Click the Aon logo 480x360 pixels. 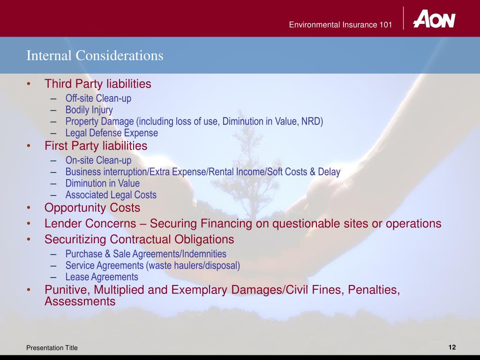coord(434,19)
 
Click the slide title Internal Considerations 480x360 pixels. coord(95,56)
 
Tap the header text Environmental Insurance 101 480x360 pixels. coord(340,25)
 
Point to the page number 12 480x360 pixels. coord(452,347)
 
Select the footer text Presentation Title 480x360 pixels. coord(52,347)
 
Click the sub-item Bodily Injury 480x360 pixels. coord(89,110)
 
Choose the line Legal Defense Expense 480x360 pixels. coord(112,133)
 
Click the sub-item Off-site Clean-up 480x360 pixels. coord(98,98)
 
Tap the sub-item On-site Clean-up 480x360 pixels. coord(98,160)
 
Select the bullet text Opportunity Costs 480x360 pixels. coord(92,207)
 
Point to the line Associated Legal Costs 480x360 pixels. coord(111,195)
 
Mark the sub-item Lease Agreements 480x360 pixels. coord(102,277)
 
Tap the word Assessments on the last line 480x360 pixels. coord(80,301)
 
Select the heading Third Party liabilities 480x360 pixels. coord(98,84)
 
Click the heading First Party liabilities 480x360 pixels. coord(96,146)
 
